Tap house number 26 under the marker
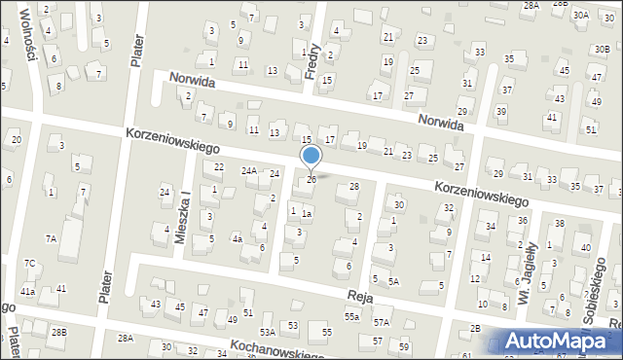(311, 179)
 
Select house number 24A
(249, 171)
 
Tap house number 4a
(237, 238)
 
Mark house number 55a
(351, 317)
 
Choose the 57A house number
(382, 322)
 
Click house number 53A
(268, 332)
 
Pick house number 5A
(393, 281)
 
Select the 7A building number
(51, 237)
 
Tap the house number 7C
(30, 263)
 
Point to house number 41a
(28, 291)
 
